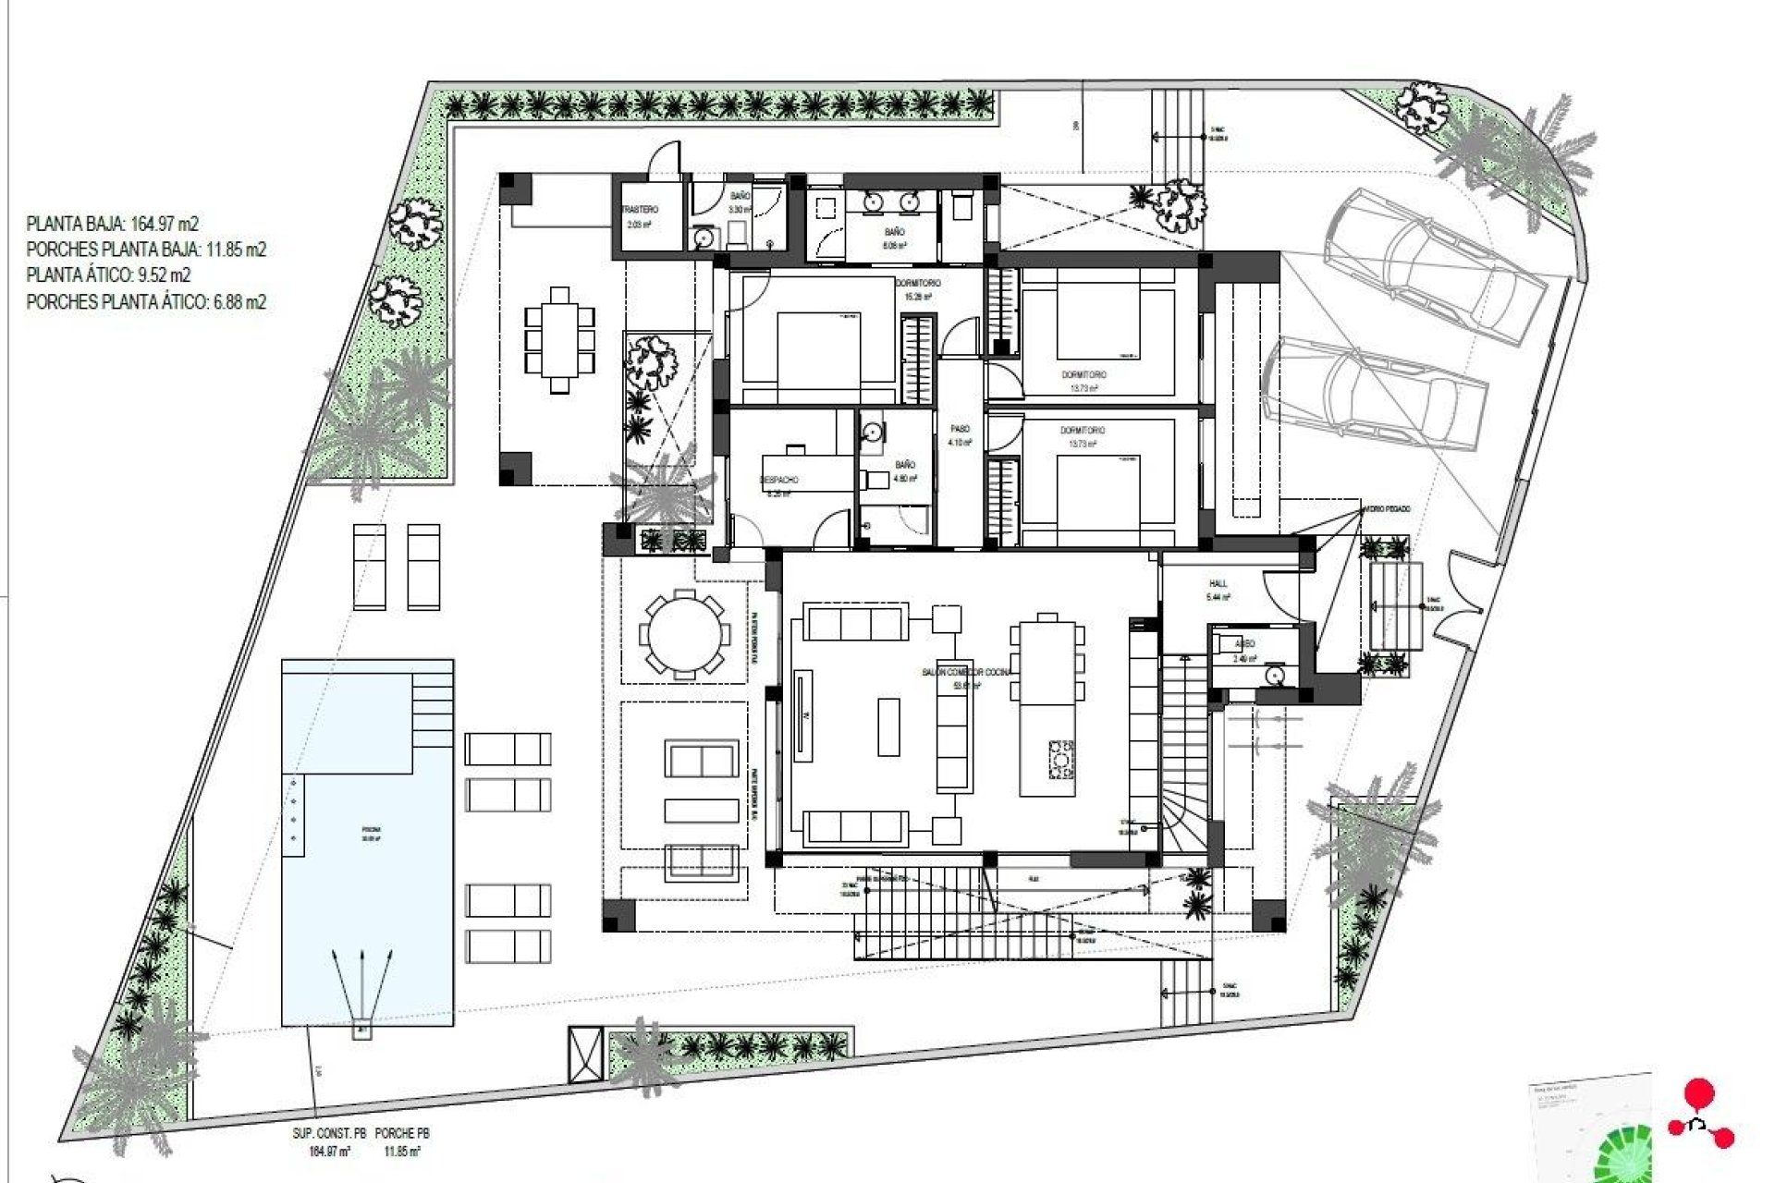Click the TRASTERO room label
coord(640,211)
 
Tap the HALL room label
coord(1218,584)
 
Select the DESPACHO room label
coord(779,480)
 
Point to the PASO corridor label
coord(961,430)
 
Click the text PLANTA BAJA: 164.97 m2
coord(112,224)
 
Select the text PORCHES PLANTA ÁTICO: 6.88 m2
coord(146,301)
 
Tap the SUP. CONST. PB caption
coord(329,1133)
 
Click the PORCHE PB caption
coord(402,1133)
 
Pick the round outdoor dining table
coord(683,634)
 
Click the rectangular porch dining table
coord(559,340)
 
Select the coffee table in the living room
coord(887,726)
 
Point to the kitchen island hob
coord(1060,759)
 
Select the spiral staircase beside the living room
coord(1185,813)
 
